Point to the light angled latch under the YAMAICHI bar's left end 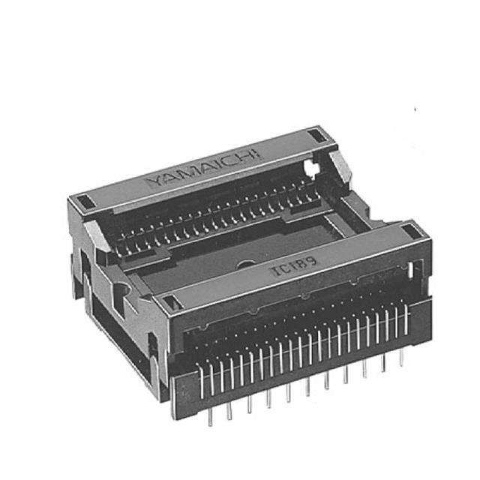[95, 234]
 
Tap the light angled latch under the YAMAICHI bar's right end [339, 169]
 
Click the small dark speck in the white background [415, 110]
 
